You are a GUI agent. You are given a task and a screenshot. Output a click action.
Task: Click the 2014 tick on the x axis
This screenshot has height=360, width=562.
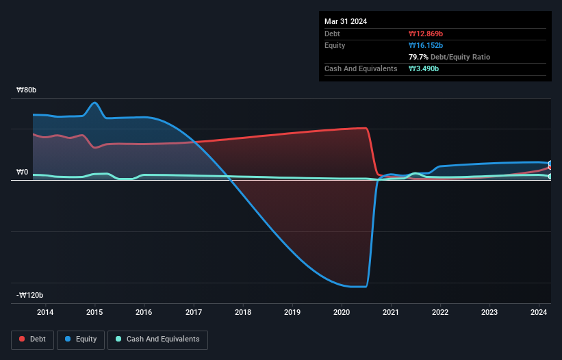point(45,313)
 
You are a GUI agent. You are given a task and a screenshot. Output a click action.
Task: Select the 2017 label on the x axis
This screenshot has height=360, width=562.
point(194,313)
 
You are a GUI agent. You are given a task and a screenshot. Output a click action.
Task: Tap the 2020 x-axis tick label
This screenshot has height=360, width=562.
point(342,313)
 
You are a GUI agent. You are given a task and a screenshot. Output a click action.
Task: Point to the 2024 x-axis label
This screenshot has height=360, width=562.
point(539,313)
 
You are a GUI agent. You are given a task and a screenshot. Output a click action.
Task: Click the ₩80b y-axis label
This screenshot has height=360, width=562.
point(31,90)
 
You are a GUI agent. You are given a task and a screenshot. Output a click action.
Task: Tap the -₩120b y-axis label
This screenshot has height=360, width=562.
point(30,296)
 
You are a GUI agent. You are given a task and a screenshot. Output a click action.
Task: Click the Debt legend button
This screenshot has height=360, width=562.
point(34,339)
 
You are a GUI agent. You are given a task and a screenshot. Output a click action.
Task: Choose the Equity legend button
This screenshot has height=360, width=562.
point(81,339)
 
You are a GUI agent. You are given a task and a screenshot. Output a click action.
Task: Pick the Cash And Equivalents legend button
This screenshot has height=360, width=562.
point(157,339)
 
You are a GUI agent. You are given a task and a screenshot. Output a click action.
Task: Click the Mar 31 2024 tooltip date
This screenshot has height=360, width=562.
point(346,21)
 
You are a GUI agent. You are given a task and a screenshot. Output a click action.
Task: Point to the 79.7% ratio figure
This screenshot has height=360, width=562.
point(419,57)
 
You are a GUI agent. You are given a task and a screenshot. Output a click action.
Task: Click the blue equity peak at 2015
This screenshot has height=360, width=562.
point(94,103)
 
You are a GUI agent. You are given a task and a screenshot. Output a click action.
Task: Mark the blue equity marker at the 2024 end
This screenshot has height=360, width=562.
point(550,164)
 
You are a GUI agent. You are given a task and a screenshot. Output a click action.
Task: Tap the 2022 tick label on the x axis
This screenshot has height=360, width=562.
point(440,313)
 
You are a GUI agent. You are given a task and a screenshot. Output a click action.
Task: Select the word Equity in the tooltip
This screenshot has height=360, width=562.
point(335,45)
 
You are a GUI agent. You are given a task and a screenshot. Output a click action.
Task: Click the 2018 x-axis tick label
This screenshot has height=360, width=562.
point(243,313)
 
